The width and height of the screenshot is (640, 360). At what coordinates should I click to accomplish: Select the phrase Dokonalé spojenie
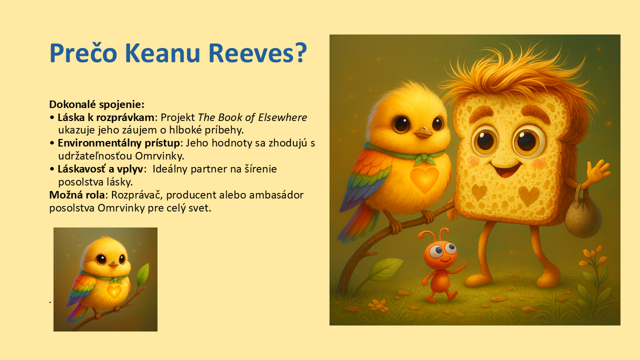point(96,104)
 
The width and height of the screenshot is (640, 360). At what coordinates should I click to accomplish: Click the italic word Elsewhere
point(282,117)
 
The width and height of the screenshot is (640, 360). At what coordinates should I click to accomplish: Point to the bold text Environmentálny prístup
point(118,143)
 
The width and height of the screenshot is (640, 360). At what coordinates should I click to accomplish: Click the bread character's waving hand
point(597,173)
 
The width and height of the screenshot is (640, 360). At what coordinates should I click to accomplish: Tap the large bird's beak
point(423,131)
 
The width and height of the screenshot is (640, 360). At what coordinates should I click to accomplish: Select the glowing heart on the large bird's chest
point(424,179)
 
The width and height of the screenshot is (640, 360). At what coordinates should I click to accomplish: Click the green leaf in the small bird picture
point(142,274)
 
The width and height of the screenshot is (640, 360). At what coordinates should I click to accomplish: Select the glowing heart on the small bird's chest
point(114,291)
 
